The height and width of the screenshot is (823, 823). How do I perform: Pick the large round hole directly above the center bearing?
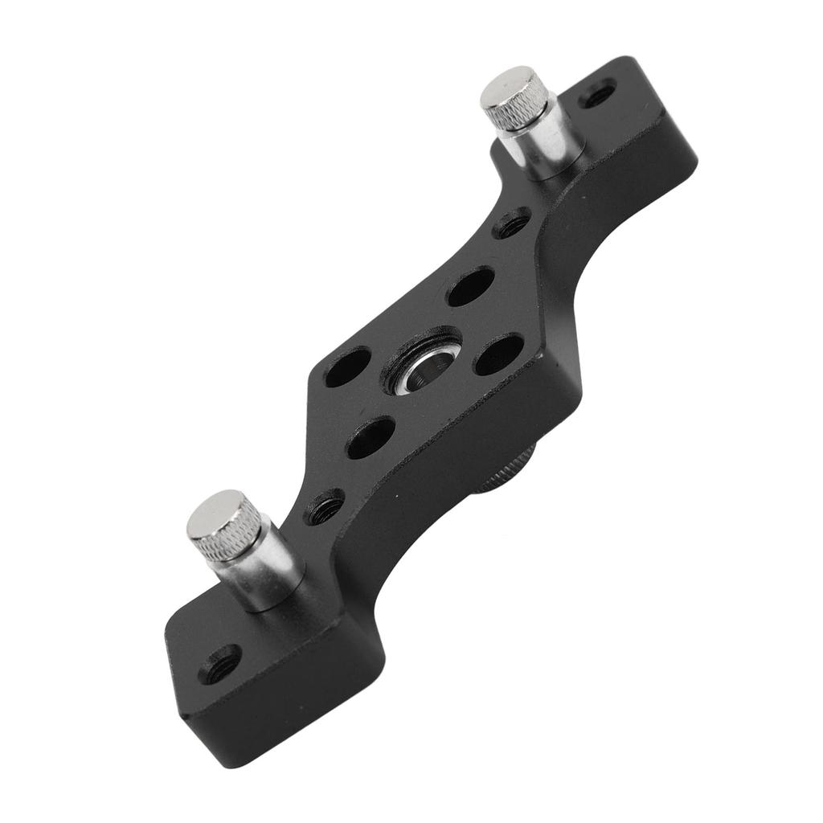[x=471, y=286]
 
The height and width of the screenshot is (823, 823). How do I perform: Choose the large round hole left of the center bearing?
[x=348, y=366]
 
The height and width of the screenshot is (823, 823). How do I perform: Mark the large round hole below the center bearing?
[x=371, y=437]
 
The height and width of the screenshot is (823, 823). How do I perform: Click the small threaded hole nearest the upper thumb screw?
[x=512, y=223]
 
